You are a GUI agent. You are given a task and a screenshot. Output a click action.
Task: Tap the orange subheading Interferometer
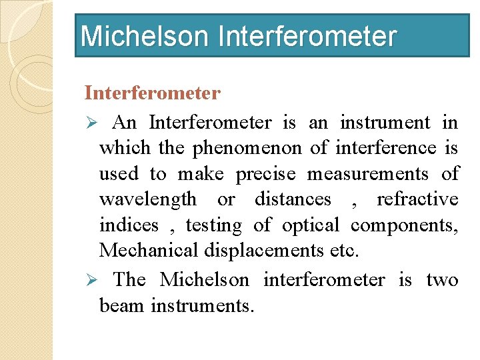(152, 93)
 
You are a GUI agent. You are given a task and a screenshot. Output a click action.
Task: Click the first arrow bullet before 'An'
(93, 123)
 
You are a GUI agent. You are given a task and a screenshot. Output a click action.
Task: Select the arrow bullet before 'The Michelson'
(93, 280)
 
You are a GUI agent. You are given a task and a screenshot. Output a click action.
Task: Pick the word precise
(265, 174)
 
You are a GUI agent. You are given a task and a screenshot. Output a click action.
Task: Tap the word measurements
(367, 174)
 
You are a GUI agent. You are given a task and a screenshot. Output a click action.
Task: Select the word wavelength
(148, 199)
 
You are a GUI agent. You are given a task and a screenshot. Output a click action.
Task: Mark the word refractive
(417, 199)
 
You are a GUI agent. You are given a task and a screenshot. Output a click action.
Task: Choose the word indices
(129, 225)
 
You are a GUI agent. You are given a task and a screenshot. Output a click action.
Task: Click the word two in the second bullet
(442, 280)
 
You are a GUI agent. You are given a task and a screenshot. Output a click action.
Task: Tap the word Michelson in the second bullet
(205, 280)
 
